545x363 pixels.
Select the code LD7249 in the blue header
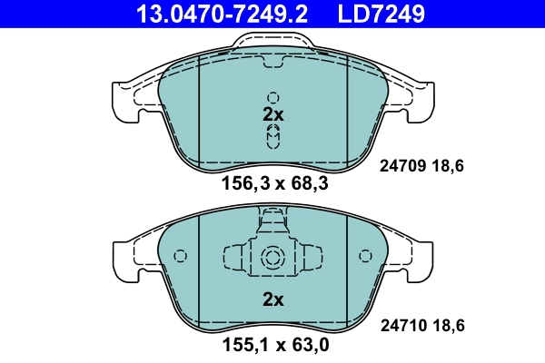[381, 14]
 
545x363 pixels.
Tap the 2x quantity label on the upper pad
[273, 115]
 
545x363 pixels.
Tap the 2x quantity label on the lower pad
[273, 299]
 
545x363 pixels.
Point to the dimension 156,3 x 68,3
[273, 185]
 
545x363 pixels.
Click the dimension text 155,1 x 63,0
[273, 345]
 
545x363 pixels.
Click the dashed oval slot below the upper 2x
[273, 136]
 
